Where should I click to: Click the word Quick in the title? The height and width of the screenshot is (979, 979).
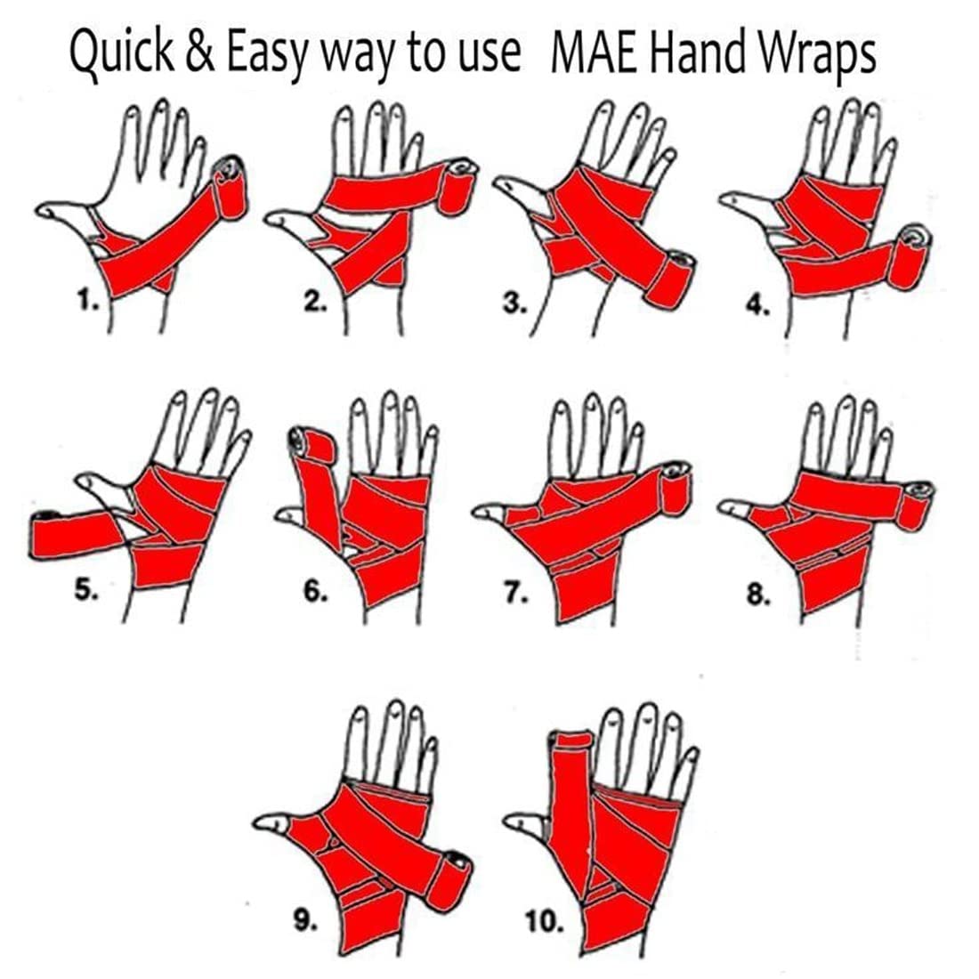(122, 53)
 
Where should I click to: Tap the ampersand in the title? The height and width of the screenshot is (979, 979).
(199, 52)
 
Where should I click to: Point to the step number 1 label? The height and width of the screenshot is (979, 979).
(88, 302)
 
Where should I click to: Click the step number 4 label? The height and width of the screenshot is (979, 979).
(757, 306)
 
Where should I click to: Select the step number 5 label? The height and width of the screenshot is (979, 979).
(86, 590)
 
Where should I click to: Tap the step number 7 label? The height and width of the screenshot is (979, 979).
(516, 593)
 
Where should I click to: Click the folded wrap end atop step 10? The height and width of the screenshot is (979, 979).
(571, 740)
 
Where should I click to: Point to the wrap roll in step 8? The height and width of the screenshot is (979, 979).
(916, 506)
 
